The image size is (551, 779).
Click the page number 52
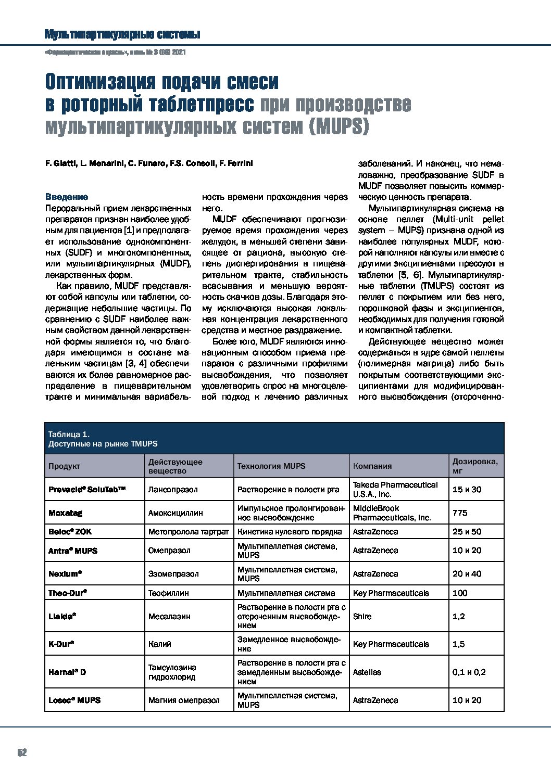pyautogui.click(x=22, y=752)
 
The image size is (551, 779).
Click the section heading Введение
pyautogui.click(x=67, y=197)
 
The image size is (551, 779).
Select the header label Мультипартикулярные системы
pyautogui.click(x=122, y=35)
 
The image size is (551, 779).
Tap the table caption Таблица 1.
pyautogui.click(x=69, y=434)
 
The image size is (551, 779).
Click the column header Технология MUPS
pyautogui.click(x=271, y=466)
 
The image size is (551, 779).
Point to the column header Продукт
pyautogui.click(x=64, y=466)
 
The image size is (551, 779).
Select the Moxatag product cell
pyautogui.click(x=65, y=513)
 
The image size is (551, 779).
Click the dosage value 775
pyautogui.click(x=460, y=513)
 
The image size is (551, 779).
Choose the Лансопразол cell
pyautogui.click(x=173, y=490)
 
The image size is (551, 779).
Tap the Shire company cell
pyautogui.click(x=362, y=617)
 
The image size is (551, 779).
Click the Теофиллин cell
pyautogui.click(x=168, y=593)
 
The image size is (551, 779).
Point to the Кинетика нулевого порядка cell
pyautogui.click(x=290, y=532)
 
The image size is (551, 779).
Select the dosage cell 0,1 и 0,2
pyautogui.click(x=469, y=672)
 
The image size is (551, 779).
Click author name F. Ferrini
pyautogui.click(x=233, y=164)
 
